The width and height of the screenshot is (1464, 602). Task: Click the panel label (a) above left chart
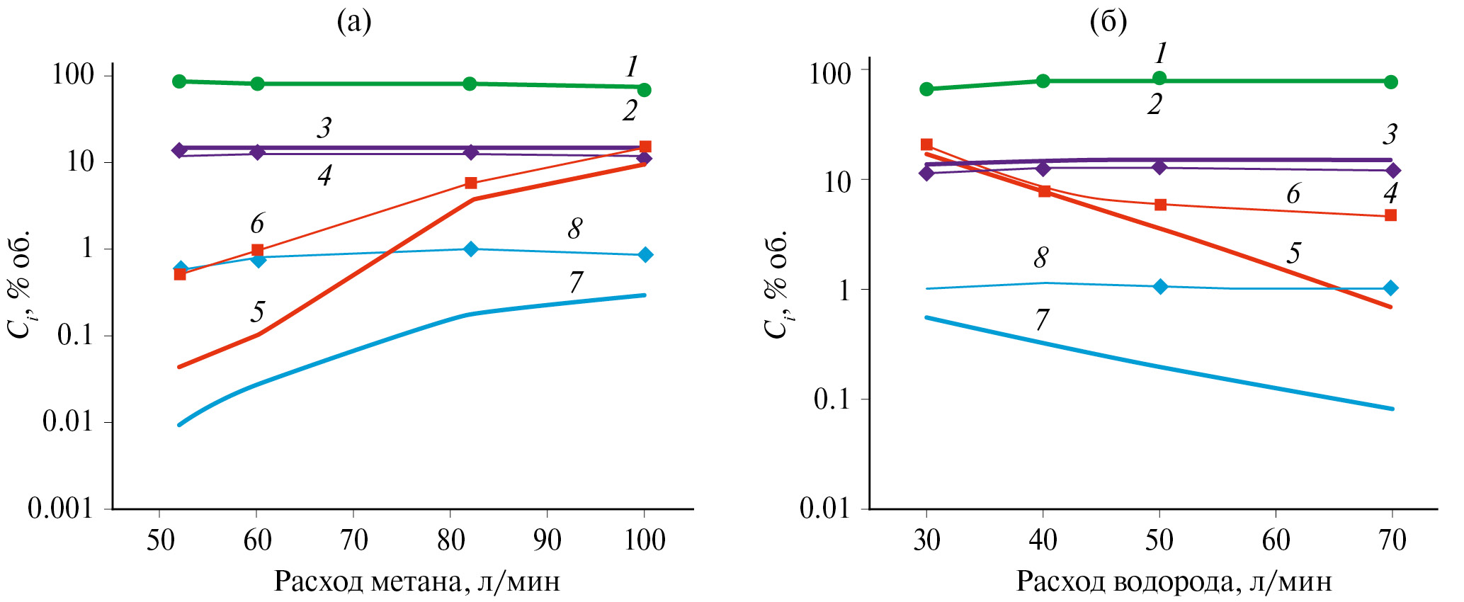(353, 23)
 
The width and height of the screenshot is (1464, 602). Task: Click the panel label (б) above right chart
(1108, 23)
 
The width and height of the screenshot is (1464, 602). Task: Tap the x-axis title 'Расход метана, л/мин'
(417, 581)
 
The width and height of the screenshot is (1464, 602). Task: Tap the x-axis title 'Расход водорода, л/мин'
(1174, 581)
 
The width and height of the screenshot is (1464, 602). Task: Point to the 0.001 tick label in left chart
(61, 508)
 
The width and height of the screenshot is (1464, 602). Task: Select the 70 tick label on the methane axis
(353, 540)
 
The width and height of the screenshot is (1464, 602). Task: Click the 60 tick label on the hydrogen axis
(1276, 540)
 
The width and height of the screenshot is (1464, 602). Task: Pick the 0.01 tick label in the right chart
(824, 508)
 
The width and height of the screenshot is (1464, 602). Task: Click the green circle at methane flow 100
(645, 90)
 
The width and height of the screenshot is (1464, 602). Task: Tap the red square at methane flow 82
(471, 183)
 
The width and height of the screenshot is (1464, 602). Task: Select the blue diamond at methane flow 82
(471, 249)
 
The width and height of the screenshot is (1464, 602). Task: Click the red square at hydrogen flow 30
(926, 144)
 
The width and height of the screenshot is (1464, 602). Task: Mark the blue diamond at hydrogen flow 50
(1160, 287)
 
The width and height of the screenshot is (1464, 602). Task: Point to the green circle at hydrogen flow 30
(926, 89)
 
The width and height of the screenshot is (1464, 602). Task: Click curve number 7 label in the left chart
(576, 283)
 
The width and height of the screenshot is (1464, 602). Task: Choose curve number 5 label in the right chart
(1293, 253)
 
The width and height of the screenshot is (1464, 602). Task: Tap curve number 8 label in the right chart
(1040, 258)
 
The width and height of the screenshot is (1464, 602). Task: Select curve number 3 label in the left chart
(324, 128)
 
